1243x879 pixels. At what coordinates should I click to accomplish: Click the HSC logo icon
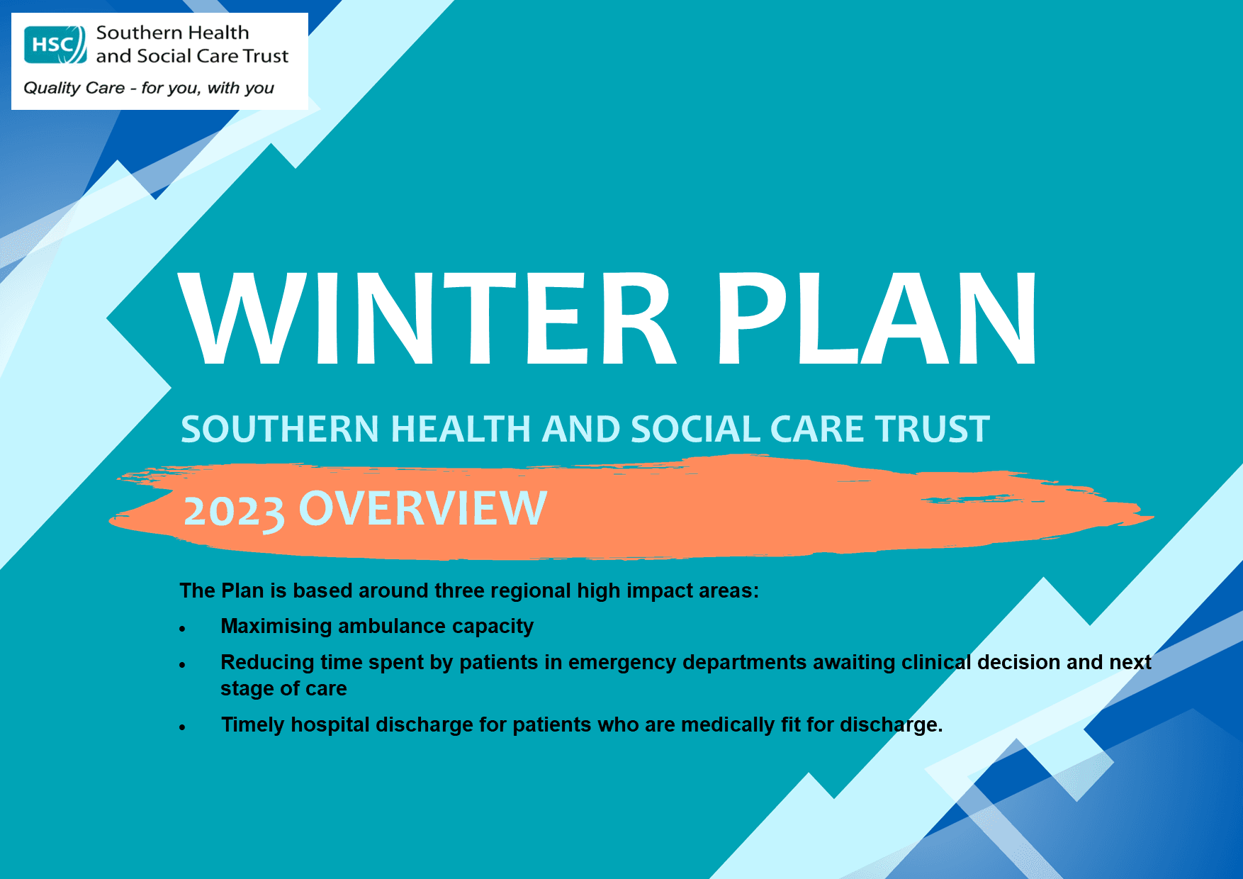tap(55, 45)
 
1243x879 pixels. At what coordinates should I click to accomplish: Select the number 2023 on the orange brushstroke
tap(234, 510)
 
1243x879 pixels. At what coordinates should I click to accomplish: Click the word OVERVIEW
tap(423, 508)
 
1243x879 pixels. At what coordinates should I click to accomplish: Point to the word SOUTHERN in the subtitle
tap(280, 430)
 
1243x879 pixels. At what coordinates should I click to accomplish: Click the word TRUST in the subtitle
tap(932, 430)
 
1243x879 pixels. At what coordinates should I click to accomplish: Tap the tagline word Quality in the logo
tap(52, 88)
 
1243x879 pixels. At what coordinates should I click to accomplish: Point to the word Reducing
tap(267, 662)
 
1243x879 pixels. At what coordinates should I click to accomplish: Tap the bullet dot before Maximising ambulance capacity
tap(182, 629)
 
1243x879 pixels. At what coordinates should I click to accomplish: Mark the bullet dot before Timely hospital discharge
tap(182, 727)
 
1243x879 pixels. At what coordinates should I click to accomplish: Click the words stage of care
tap(283, 688)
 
